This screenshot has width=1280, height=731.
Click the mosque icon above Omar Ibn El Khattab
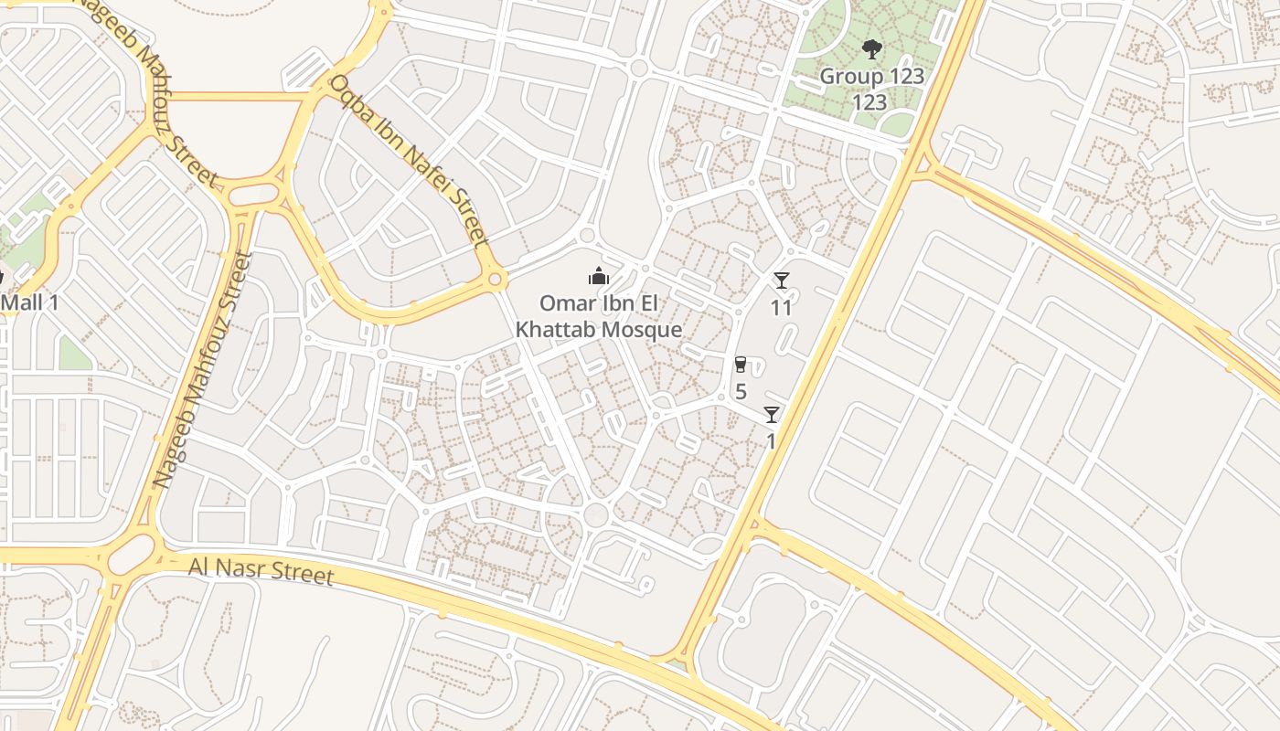click(x=599, y=276)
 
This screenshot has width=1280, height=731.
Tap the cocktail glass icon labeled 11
click(x=781, y=281)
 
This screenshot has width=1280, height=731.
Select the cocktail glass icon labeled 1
click(x=772, y=415)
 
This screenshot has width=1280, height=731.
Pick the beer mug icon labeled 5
click(x=741, y=365)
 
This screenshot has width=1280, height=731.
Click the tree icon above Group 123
click(x=871, y=49)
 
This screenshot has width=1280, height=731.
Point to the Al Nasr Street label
click(x=261, y=571)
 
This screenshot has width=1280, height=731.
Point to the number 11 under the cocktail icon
click(x=781, y=307)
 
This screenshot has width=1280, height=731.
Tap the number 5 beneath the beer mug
click(x=741, y=392)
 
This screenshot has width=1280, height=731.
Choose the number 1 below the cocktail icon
click(x=771, y=441)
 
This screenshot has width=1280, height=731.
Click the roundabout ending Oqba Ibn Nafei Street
click(x=496, y=278)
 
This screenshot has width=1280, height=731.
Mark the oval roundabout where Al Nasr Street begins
click(x=132, y=554)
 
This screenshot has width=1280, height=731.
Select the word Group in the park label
click(x=851, y=76)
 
